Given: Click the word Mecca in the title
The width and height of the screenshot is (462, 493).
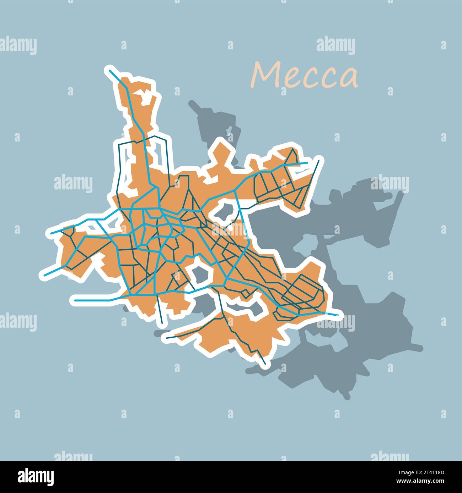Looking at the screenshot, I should pyautogui.click(x=305, y=76).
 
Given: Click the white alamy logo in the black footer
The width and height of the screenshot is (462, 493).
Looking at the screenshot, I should pyautogui.click(x=36, y=476).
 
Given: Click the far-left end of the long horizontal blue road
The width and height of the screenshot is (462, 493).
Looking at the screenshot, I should pyautogui.click(x=75, y=300).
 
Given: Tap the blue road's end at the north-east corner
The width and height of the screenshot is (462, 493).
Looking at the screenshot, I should pyautogui.click(x=307, y=163).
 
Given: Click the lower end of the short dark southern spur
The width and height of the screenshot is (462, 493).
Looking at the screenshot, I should pyautogui.click(x=162, y=322).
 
